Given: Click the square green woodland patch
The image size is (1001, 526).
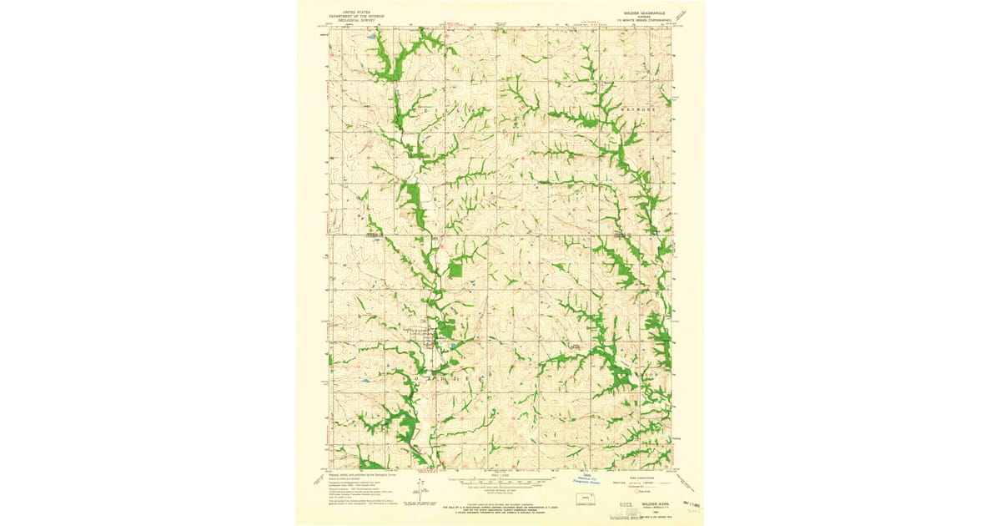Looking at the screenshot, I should (455, 269).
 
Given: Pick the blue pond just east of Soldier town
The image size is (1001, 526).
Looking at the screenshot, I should (451, 344).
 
